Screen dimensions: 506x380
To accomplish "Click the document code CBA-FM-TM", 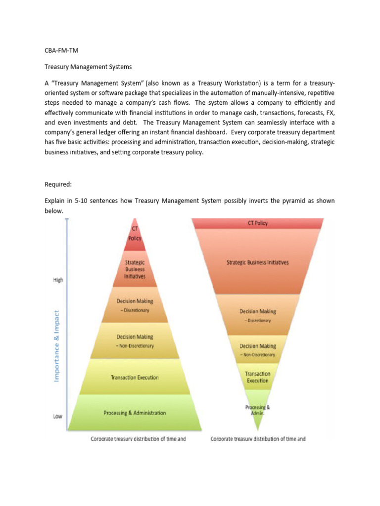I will pyautogui.click(x=58, y=50).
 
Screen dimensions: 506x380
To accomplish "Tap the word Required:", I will pyautogui.click(x=58, y=184).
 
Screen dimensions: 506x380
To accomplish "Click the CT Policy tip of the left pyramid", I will pyautogui.click(x=135, y=234).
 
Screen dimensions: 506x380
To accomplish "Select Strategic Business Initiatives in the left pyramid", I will pyautogui.click(x=135, y=270).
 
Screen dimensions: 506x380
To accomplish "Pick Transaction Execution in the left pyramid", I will pyautogui.click(x=135, y=378).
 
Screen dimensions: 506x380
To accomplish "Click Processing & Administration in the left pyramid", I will pyautogui.click(x=135, y=413).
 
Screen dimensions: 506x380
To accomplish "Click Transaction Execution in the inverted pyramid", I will pyautogui.click(x=257, y=378).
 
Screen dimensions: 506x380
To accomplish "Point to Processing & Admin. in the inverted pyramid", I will pyautogui.click(x=257, y=410).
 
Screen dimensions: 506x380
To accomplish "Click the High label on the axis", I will pyautogui.click(x=58, y=280).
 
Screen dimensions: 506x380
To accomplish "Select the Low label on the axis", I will pyautogui.click(x=58, y=417).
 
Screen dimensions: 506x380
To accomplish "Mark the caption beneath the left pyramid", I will pyautogui.click(x=138, y=439).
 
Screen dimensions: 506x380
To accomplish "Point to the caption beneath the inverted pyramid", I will pyautogui.click(x=258, y=439).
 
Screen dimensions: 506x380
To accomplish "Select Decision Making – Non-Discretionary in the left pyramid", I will pyautogui.click(x=135, y=341).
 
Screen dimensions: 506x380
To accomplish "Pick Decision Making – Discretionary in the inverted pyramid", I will pyautogui.click(x=258, y=315).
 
